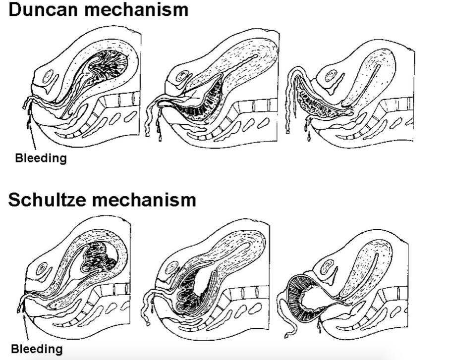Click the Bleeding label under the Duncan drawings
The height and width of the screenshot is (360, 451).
pyautogui.click(x=40, y=159)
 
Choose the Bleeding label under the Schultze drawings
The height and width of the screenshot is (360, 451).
pyautogui.click(x=37, y=349)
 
